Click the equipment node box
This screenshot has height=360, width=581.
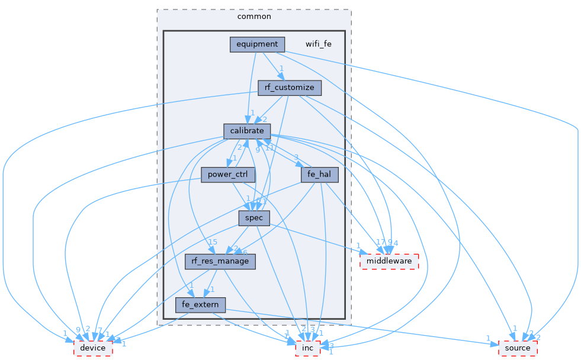(x=257, y=44)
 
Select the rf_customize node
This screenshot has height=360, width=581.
(x=290, y=88)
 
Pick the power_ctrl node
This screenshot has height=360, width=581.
(x=228, y=175)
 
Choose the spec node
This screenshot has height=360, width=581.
(x=254, y=218)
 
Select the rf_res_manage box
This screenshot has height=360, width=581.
(x=220, y=261)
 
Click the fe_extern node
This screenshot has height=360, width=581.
(x=200, y=305)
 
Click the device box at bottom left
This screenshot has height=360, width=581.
(x=93, y=348)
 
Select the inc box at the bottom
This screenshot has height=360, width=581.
(x=308, y=348)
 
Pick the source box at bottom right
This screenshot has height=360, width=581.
(x=518, y=348)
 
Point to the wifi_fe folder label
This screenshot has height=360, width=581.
(x=319, y=44)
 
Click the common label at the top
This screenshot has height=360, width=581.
(x=254, y=17)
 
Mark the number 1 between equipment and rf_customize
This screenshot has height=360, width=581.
(x=282, y=68)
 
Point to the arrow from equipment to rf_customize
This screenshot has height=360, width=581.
(x=274, y=66)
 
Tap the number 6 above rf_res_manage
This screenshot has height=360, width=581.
(x=245, y=252)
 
